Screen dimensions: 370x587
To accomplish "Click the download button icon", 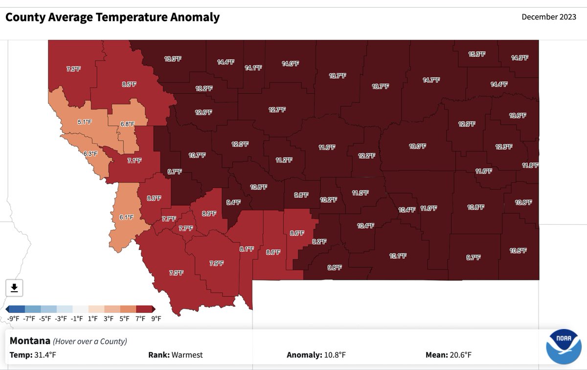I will (x=14, y=288).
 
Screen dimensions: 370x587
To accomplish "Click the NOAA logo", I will (x=562, y=346).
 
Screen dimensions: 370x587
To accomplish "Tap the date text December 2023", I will (x=549, y=17).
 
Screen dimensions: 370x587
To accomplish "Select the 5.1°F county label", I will (x=85, y=122).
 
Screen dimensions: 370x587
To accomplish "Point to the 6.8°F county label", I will (x=128, y=124).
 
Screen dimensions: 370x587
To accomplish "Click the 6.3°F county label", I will (x=90, y=154).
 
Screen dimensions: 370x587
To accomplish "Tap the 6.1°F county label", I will (x=126, y=217).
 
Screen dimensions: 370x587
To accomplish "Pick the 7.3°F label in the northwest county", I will (x=73, y=69).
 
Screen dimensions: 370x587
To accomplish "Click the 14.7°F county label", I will (x=431, y=80).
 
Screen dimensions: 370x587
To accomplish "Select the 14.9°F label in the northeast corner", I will (x=519, y=58).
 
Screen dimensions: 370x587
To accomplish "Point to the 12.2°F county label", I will (x=366, y=156).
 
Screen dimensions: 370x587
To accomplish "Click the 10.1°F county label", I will (x=398, y=256).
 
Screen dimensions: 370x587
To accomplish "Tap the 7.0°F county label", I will (x=176, y=273).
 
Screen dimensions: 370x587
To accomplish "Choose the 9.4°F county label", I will (x=233, y=202).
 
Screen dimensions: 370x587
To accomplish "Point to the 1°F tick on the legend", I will (x=93, y=319).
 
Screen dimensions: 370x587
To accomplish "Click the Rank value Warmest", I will (x=187, y=355).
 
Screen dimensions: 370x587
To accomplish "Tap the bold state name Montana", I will (x=30, y=341).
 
